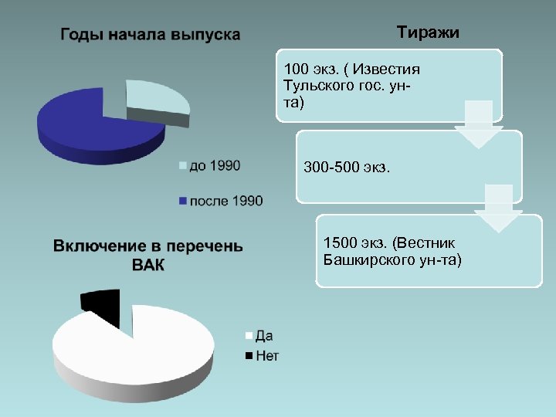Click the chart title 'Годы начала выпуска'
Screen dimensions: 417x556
click(150, 35)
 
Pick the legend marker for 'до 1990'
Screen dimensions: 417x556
click(183, 165)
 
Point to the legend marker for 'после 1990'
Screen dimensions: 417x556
click(183, 201)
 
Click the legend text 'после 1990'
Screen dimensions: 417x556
click(226, 201)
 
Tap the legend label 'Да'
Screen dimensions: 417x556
click(263, 336)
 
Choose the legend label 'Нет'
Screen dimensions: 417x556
click(266, 355)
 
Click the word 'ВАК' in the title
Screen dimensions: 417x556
click(148, 265)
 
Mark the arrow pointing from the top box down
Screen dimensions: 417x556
click(477, 124)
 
